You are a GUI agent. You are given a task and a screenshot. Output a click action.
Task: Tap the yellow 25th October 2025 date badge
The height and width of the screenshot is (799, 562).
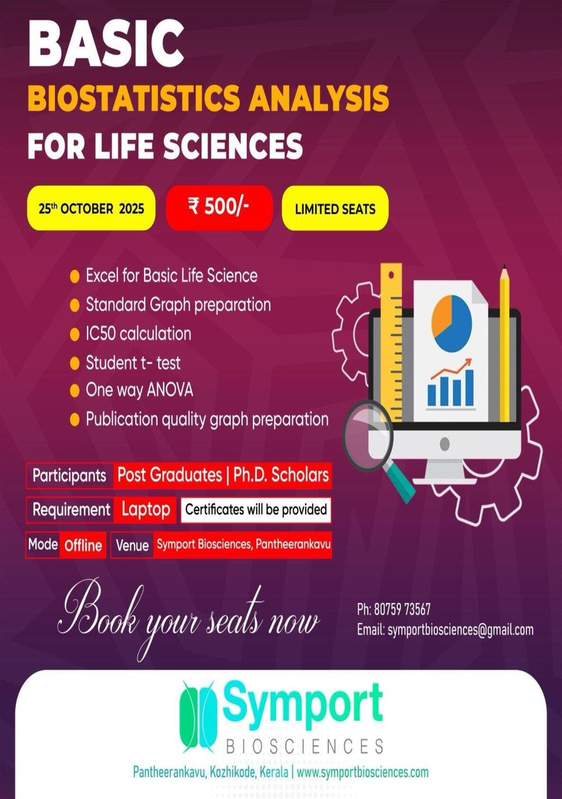[x=91, y=208]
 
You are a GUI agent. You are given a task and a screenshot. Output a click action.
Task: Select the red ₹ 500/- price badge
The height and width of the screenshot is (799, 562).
[x=219, y=208]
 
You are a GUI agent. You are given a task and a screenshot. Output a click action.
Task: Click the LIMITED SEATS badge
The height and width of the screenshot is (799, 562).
[x=335, y=208]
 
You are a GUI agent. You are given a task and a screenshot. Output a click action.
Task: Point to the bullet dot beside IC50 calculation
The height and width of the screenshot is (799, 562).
[x=75, y=334]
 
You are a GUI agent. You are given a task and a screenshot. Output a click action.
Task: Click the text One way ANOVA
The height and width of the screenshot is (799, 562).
[x=140, y=390]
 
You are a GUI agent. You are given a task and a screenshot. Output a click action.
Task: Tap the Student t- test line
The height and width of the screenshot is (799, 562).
[x=133, y=363]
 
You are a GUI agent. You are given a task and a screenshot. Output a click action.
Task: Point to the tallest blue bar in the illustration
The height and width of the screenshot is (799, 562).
[x=469, y=388]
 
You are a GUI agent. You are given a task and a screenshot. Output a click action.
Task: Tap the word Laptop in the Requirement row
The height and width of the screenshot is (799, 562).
[x=146, y=510]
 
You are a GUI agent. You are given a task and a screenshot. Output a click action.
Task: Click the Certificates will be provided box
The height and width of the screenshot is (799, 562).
[x=256, y=510]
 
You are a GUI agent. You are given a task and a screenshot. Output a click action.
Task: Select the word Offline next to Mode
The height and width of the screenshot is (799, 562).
[x=83, y=545]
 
